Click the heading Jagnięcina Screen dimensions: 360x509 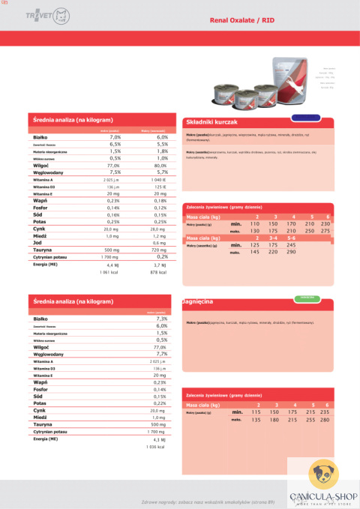pos(198,301)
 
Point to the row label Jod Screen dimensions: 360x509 pos(37,243)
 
